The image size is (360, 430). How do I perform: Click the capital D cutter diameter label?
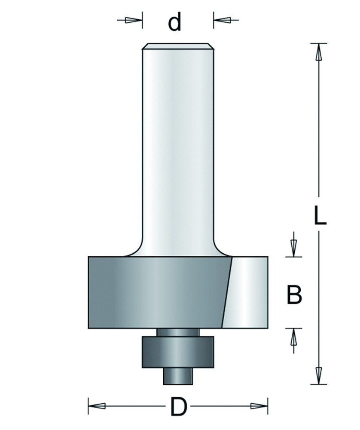[178, 407]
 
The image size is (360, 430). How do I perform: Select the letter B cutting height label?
[294, 294]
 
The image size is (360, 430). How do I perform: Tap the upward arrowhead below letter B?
[293, 337]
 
